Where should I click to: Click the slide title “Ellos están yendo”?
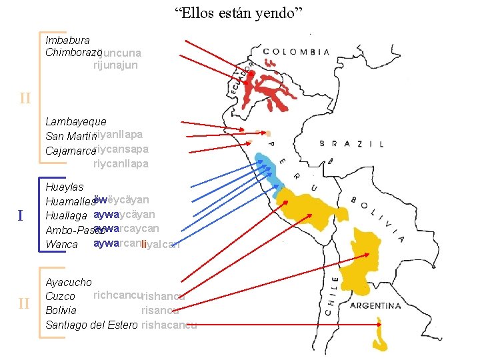click(239, 13)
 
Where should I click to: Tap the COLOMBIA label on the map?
click(296, 51)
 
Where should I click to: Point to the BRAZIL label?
click(351, 143)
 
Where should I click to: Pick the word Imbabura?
click(67, 41)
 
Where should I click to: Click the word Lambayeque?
click(76, 122)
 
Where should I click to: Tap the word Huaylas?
click(65, 187)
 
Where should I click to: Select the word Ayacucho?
click(69, 283)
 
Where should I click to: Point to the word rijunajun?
click(115, 65)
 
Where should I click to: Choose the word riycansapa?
click(121, 149)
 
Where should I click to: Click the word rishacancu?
click(169, 325)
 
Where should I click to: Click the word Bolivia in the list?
click(61, 311)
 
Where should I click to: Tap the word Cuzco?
click(60, 296)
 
